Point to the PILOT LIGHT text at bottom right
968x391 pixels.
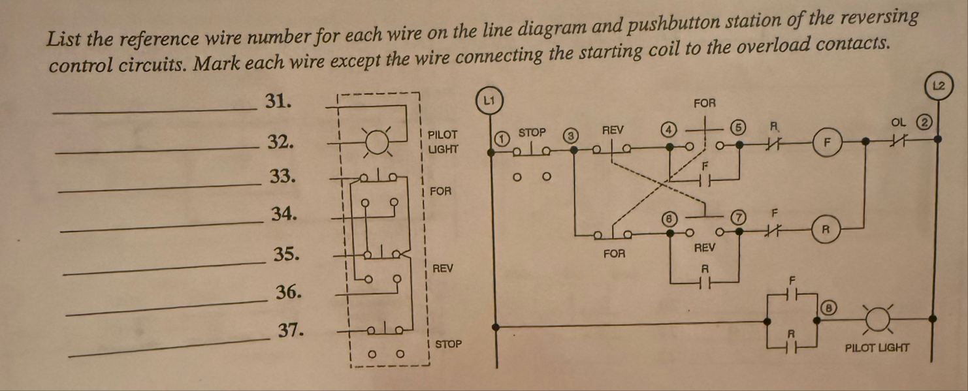877,347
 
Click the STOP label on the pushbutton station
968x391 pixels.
448,343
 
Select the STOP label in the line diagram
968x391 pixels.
531,133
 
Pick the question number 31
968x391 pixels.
278,101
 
